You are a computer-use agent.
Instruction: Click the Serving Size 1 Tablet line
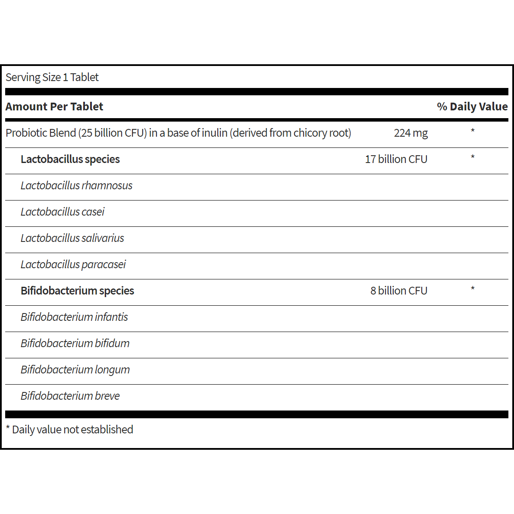(52, 77)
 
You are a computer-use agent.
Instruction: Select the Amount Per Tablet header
(54, 107)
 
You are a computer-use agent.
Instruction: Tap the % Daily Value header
(472, 107)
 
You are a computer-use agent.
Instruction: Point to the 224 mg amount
(411, 133)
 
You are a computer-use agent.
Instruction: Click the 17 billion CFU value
(396, 159)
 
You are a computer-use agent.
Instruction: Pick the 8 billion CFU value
(398, 291)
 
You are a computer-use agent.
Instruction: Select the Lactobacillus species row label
(70, 159)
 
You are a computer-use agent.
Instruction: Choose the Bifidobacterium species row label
(77, 291)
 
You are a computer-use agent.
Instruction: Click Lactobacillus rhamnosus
(76, 185)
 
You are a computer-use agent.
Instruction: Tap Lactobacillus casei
(63, 212)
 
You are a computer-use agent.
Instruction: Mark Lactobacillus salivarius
(72, 238)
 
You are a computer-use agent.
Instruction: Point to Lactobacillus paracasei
(73, 264)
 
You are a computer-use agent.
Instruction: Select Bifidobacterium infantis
(74, 317)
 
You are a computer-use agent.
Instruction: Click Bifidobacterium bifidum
(75, 343)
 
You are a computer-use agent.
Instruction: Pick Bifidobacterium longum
(75, 370)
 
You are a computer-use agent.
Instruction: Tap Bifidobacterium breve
(70, 396)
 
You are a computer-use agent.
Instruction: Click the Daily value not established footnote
(69, 429)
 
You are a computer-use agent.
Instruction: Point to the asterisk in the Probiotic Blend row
(473, 131)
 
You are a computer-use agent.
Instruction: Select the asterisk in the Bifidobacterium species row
(473, 289)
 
